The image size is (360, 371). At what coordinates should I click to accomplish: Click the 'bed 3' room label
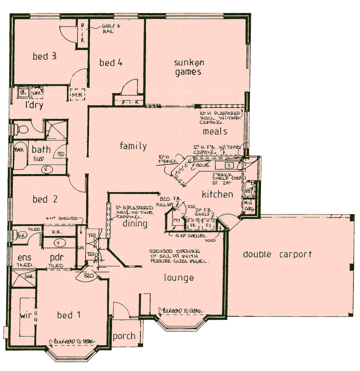(44, 56)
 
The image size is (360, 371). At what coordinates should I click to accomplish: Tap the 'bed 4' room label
(111, 63)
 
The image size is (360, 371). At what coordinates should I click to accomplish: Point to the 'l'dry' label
(35, 105)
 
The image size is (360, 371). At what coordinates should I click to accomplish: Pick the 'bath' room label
(41, 150)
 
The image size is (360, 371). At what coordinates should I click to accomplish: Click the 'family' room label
(133, 146)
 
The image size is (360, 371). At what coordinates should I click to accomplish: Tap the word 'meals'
(215, 131)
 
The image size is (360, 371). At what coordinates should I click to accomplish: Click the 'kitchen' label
(217, 194)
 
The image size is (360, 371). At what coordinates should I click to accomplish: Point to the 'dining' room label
(135, 224)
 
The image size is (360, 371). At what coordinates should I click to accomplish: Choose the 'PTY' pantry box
(177, 220)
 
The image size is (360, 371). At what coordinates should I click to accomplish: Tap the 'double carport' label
(277, 255)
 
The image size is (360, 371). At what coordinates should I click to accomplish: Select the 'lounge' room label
(179, 278)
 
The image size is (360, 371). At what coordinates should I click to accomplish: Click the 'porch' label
(124, 336)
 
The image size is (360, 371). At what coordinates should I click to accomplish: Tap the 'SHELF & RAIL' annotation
(111, 29)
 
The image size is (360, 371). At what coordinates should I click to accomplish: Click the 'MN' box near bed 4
(77, 94)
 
